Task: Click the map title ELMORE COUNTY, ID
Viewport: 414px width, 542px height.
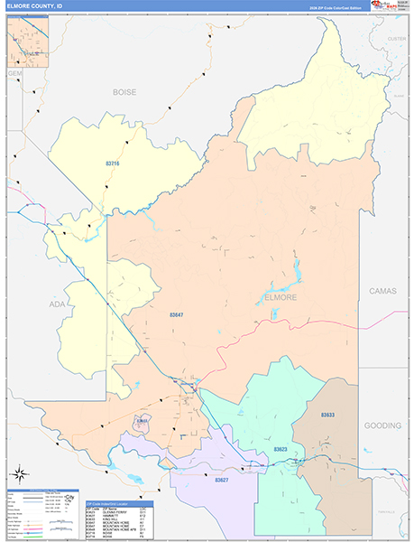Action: (37, 5)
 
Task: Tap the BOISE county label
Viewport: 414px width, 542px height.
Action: (124, 92)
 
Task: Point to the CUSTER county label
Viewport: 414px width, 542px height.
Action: (397, 39)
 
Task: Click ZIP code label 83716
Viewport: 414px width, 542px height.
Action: (113, 164)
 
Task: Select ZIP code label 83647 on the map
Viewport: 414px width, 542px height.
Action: (177, 315)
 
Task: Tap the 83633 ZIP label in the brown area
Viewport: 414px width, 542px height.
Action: (327, 415)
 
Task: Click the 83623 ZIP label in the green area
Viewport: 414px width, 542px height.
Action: (281, 449)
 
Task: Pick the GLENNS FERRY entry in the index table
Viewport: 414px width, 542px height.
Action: (118, 511)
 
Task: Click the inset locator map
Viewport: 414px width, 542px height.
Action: (28, 40)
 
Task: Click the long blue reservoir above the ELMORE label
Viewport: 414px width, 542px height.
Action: (295, 272)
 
